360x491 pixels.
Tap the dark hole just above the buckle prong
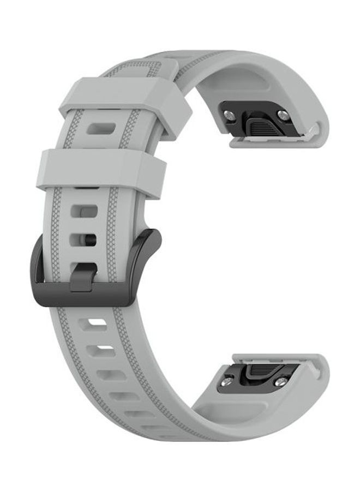[x=87, y=239]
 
